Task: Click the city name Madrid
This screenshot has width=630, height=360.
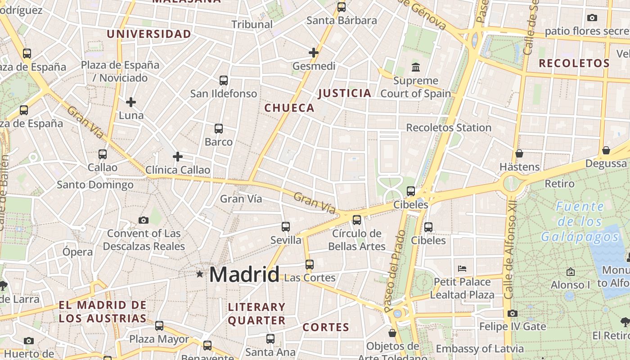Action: click(x=244, y=274)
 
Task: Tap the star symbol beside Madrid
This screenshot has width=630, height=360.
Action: click(x=199, y=274)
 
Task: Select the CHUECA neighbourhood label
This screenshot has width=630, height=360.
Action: click(x=289, y=108)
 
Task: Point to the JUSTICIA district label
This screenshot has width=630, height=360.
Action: click(x=345, y=94)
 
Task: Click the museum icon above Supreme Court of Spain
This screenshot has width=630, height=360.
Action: click(x=416, y=67)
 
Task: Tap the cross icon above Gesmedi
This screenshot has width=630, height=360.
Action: click(x=314, y=53)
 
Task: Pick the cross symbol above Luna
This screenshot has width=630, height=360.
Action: click(x=131, y=102)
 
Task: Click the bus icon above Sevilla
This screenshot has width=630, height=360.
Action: click(x=286, y=227)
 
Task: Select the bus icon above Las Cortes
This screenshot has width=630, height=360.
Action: click(x=310, y=264)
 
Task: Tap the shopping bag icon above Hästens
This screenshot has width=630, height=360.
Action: click(x=519, y=153)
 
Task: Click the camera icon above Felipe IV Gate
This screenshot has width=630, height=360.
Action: click(x=512, y=313)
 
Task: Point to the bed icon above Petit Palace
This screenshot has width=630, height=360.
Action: click(x=462, y=269)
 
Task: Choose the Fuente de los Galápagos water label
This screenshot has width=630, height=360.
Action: click(x=580, y=221)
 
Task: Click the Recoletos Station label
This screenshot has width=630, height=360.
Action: click(x=449, y=128)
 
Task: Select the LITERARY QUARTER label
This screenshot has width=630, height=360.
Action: click(x=256, y=314)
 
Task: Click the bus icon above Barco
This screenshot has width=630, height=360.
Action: click(x=219, y=129)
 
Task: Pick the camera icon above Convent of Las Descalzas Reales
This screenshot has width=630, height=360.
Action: click(x=144, y=220)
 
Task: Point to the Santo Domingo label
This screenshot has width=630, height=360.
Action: click(x=95, y=184)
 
